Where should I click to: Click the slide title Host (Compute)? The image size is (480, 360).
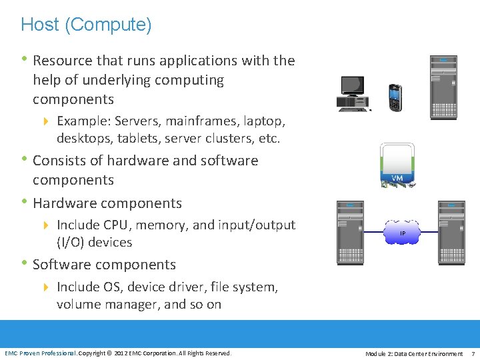tap(86, 25)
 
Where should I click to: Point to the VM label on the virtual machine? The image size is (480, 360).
tap(397, 178)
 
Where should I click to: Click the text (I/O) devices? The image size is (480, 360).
tap(95, 242)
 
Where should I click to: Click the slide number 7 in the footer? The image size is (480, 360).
tap(473, 353)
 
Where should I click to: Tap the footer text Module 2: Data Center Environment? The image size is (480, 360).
tap(414, 353)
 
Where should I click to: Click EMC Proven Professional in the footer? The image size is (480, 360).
tap(41, 353)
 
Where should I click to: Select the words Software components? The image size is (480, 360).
tap(104, 264)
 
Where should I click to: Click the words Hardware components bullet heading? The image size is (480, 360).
tap(107, 203)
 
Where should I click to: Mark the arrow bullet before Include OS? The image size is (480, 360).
tap(46, 287)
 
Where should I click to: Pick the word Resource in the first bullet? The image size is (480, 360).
tap(63, 61)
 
